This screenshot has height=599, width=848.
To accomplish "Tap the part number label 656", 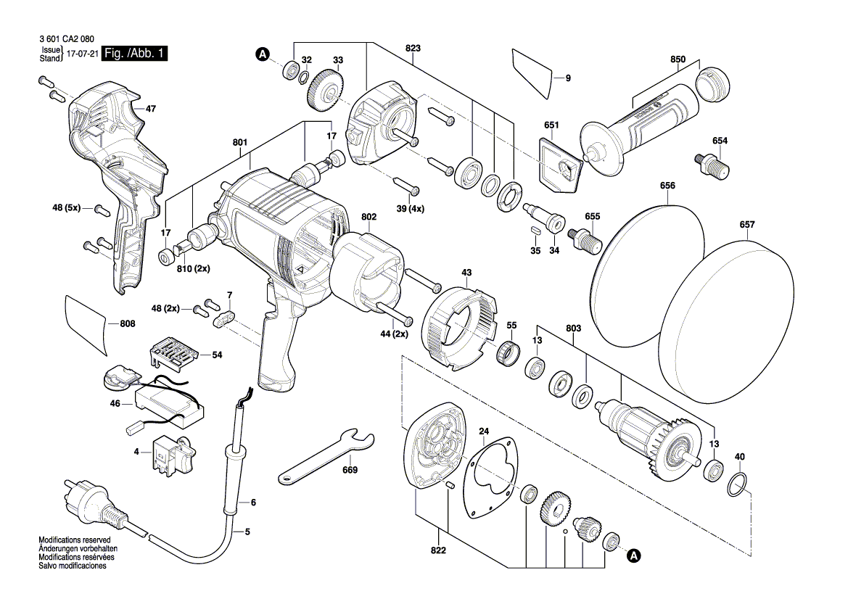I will [x=667, y=186].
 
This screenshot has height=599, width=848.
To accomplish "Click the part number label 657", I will [x=747, y=225].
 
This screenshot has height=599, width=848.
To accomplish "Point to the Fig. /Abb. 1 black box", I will [x=135, y=54].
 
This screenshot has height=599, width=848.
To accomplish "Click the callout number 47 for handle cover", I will [x=150, y=109].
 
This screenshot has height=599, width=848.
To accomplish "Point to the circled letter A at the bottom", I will [x=633, y=556].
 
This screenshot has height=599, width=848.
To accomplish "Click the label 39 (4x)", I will [x=411, y=208].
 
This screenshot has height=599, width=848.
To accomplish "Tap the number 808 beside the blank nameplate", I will [x=127, y=324].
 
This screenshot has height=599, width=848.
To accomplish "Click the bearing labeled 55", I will [x=506, y=354].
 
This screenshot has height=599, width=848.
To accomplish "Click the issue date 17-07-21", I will [x=82, y=54].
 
